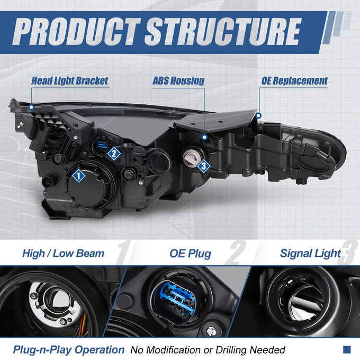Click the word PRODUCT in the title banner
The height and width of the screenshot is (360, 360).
pos(76,31)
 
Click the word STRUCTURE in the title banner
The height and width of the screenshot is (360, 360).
pos(223,31)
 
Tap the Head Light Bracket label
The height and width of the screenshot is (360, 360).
pos(69,81)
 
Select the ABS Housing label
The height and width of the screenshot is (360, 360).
pos(178,81)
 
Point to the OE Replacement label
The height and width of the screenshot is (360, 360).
pos(294,81)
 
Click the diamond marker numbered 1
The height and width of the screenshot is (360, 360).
pos(78,176)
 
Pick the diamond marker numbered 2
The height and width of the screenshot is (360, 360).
pos(114,154)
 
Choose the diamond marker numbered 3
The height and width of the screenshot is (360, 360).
pos(203,166)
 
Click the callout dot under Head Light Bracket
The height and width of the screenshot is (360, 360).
pos(31,107)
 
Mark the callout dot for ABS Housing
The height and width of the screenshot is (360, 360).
pos(204,137)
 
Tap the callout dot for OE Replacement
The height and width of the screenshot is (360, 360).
pos(258,115)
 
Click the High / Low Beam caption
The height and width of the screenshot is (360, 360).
pos(63,254)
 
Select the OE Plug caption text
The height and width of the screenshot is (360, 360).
pos(191,254)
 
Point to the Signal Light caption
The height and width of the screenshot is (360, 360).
pos(310,254)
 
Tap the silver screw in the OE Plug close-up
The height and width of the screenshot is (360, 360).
pos(211,330)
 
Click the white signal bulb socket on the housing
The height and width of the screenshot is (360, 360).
pos(191,157)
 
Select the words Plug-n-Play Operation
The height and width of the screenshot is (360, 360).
pos(69,350)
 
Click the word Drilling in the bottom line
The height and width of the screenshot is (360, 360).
pos(231,350)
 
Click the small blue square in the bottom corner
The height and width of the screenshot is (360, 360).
pos(347,349)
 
